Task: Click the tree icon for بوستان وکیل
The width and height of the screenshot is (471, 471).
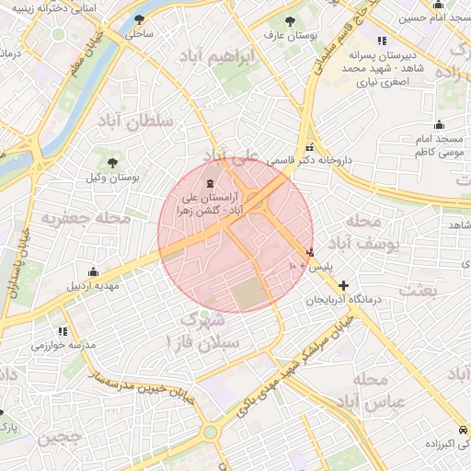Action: [112, 162]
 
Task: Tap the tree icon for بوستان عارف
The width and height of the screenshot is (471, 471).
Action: [291, 20]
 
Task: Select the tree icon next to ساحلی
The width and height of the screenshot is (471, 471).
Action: [139, 19]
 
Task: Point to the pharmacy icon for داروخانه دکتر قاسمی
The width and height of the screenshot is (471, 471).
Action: [309, 146]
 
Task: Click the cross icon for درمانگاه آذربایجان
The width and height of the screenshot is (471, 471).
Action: [344, 286]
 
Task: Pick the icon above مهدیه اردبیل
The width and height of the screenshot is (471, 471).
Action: [92, 271]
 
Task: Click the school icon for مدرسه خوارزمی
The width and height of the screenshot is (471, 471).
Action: [63, 331]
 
